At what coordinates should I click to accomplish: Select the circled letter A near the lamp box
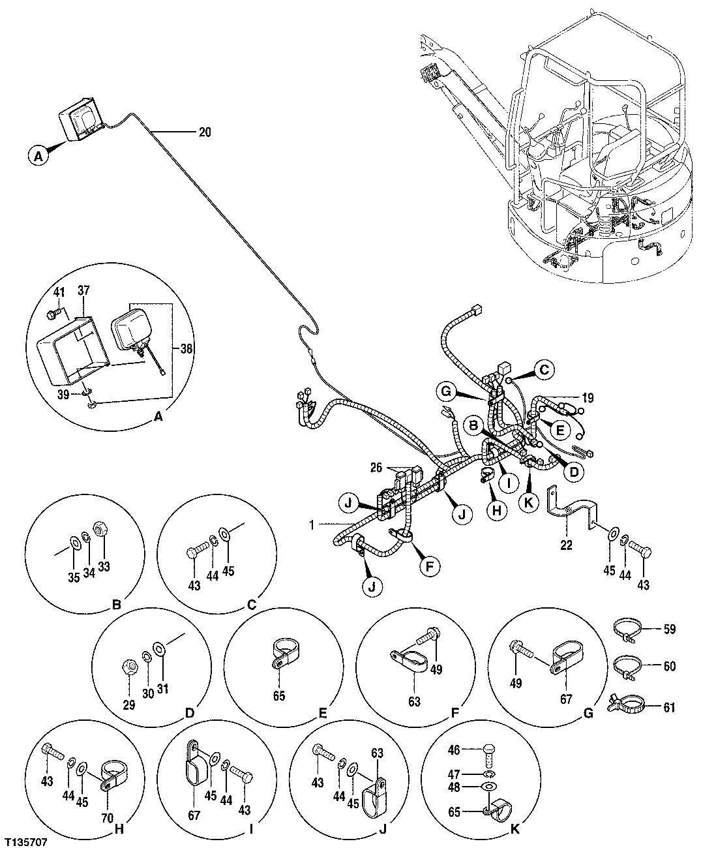(38, 157)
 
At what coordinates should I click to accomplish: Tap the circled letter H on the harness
(496, 511)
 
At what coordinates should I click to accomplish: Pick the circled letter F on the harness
(429, 566)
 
